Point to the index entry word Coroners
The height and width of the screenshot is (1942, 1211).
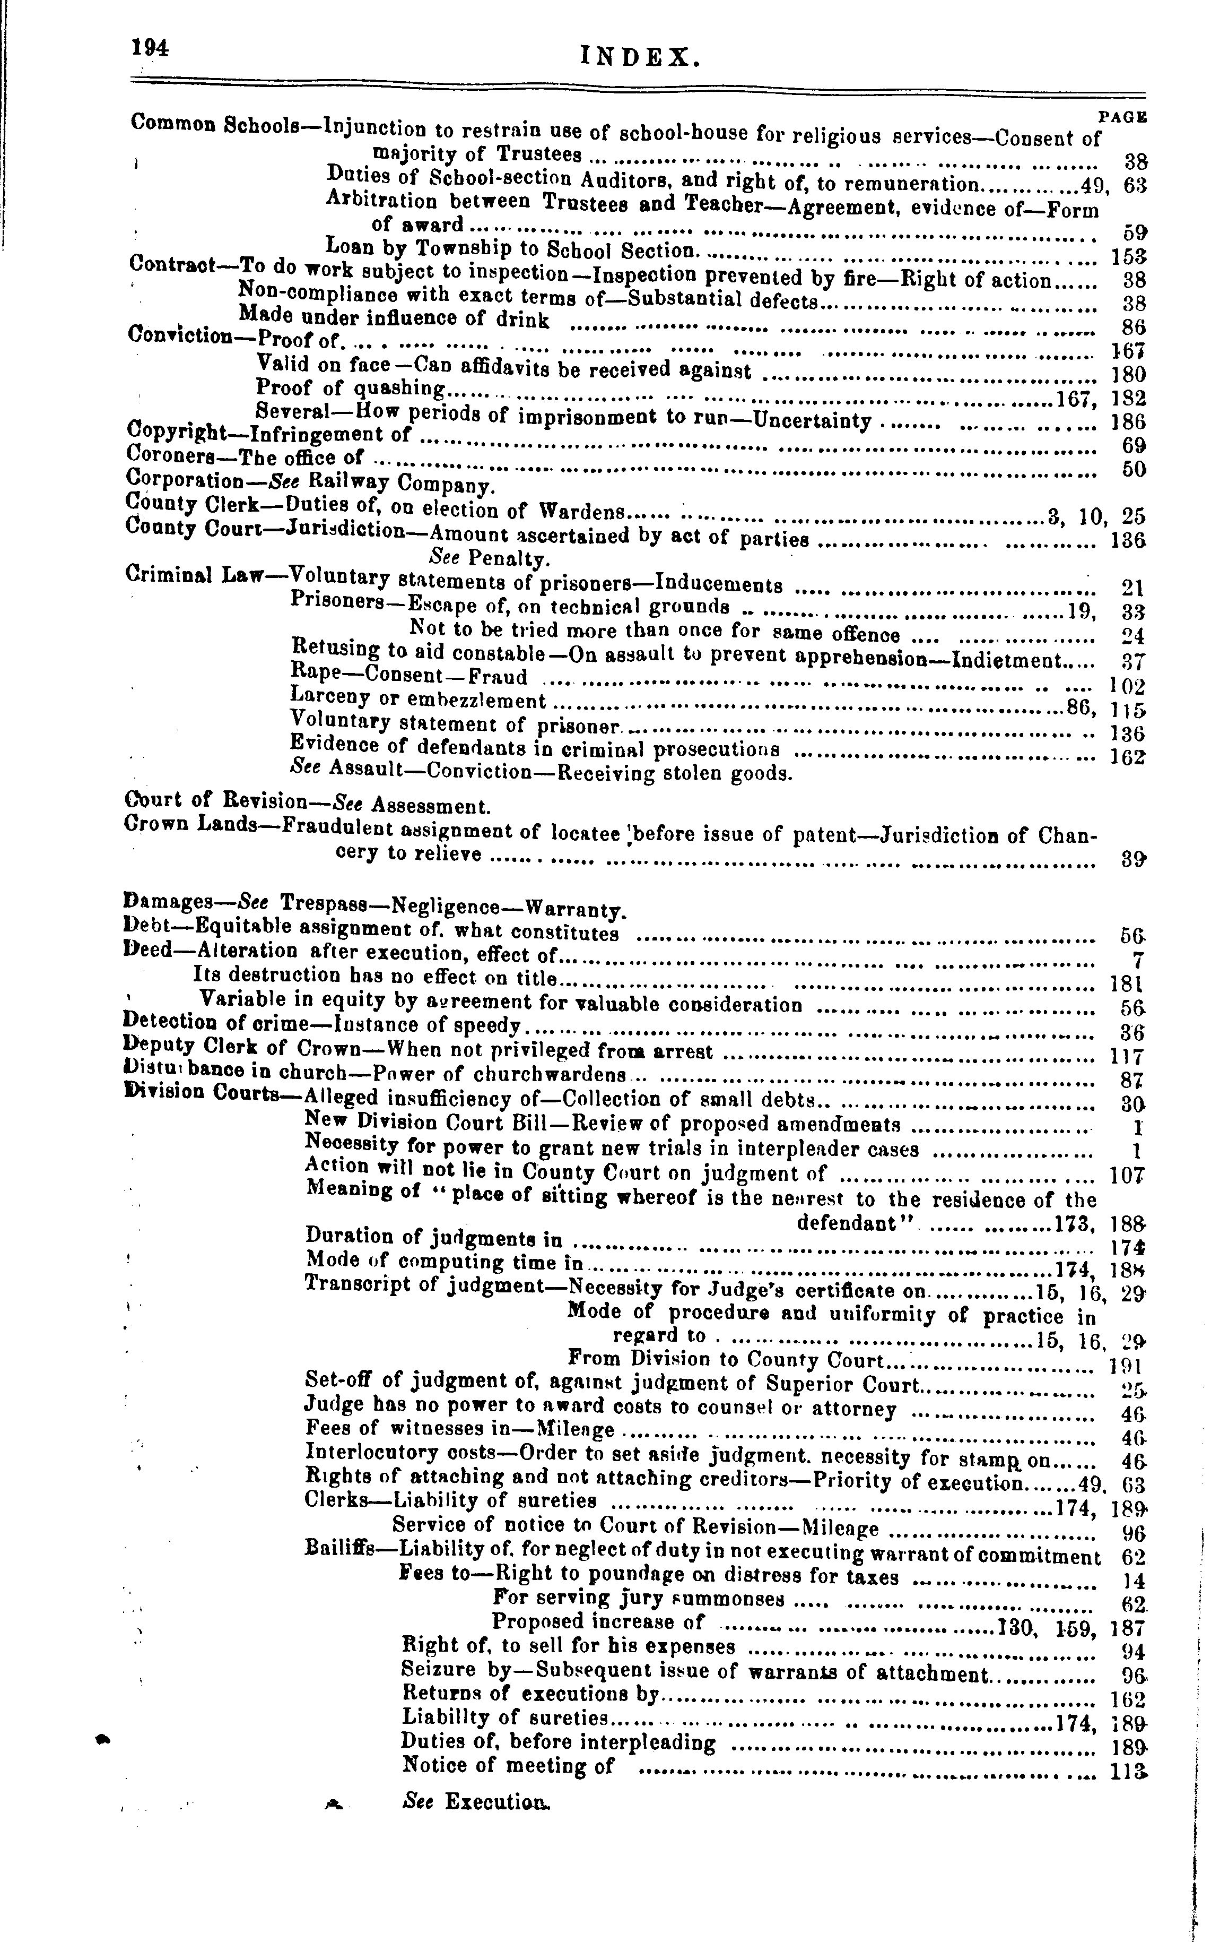coord(165,454)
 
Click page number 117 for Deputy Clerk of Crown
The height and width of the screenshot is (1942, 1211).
coord(1127,1057)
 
